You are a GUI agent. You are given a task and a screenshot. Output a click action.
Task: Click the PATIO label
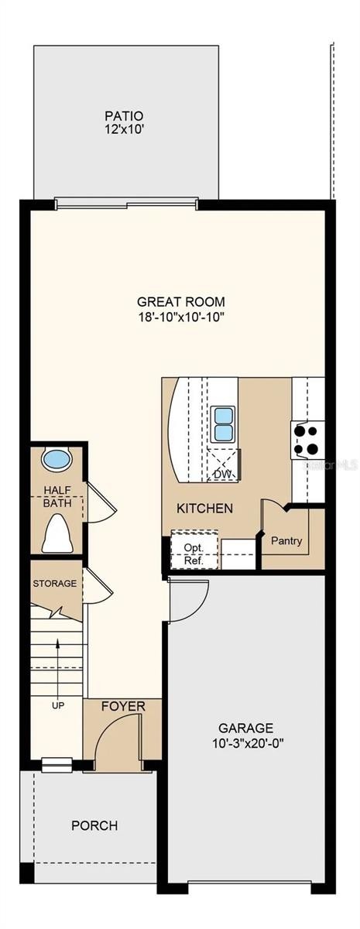coord(124,116)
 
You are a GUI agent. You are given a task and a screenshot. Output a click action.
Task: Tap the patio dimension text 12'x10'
coord(124,129)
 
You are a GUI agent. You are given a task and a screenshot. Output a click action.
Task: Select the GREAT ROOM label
coord(181,301)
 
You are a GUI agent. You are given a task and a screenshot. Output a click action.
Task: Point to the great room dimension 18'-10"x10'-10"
coord(181,317)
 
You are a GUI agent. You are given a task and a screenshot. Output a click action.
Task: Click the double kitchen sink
coord(223,424)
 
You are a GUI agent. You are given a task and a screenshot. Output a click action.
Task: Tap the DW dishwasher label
coord(222,474)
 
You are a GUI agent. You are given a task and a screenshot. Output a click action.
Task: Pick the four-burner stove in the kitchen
coord(307,440)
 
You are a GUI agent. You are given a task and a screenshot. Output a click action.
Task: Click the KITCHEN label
coord(205,508)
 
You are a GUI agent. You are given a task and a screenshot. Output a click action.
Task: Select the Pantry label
coord(286,541)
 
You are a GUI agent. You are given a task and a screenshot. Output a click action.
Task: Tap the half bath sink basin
coord(57,458)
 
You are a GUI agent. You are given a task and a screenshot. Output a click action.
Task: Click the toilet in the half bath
coord(57,533)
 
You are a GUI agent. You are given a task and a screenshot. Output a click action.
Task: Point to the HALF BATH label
coord(57,497)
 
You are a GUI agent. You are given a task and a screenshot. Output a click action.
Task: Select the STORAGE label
coord(55,584)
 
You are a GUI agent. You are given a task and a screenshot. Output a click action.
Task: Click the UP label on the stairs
coord(58,704)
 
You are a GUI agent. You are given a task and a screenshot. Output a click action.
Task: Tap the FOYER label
coord(124,706)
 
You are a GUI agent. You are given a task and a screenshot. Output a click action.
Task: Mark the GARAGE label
coord(246,728)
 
